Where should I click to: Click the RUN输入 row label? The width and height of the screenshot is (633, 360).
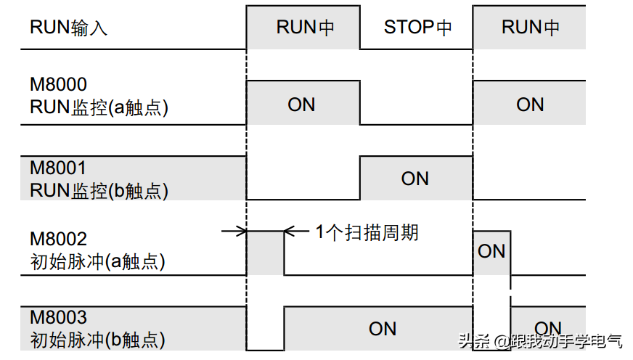69,28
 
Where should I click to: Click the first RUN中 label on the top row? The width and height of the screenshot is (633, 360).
306,28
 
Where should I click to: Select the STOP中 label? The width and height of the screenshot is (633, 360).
417,28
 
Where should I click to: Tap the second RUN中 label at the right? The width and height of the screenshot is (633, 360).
531,28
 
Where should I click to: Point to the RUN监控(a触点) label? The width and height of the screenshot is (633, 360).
99,107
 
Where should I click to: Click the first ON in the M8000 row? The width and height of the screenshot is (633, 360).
301,105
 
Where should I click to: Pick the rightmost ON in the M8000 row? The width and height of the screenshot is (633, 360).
530,105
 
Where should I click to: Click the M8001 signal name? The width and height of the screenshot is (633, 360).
58,168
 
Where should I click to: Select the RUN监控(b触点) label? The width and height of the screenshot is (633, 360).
99,190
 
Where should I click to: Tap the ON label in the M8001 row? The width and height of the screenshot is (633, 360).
415,179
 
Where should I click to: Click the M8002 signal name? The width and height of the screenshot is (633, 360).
58,239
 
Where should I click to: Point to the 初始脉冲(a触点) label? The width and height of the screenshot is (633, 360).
98,261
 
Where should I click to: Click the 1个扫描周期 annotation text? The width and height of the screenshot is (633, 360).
367,232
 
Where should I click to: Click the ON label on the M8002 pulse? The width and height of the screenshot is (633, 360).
491,251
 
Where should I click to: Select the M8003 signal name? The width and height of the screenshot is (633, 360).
58,317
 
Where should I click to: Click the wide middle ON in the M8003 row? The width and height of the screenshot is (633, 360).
383,329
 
